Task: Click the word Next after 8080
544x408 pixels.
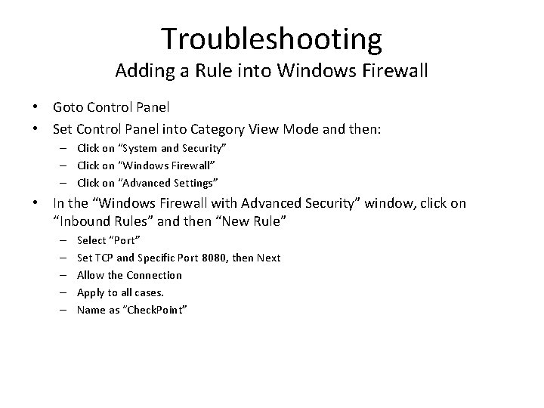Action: coord(268,258)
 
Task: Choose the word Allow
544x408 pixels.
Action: coord(91,275)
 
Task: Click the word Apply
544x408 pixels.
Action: coord(91,292)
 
